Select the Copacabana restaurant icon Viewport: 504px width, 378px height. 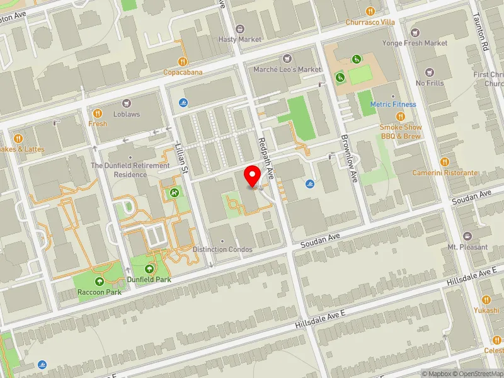(x=183, y=61)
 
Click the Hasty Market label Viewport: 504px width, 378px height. (x=239, y=39)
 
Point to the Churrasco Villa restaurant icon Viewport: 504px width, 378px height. (x=370, y=11)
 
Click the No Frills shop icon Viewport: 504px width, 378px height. (x=430, y=72)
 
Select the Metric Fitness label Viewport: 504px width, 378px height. (x=393, y=104)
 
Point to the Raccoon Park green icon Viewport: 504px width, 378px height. (x=99, y=281)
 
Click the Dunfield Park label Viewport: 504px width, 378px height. (x=150, y=278)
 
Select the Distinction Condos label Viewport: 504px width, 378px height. (x=222, y=249)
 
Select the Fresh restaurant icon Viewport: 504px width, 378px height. (x=98, y=113)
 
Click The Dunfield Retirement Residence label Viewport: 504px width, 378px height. (x=130, y=169)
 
